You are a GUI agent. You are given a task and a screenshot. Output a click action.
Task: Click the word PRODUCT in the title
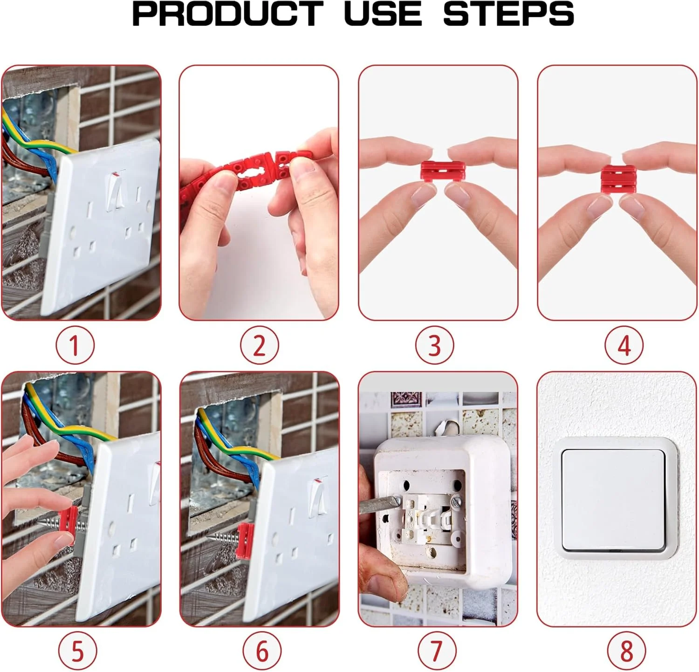point(228,14)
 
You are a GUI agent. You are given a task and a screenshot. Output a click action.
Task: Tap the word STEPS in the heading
point(508,14)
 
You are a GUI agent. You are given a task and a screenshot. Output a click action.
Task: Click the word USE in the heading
point(383,14)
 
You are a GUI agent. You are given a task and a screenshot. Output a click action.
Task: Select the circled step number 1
point(75,346)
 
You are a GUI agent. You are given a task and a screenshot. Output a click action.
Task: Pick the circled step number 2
point(260,346)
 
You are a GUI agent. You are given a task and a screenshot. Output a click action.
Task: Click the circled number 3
point(434,346)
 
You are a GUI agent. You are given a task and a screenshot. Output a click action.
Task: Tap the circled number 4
point(624,346)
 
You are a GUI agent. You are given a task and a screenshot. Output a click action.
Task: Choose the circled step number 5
point(78,651)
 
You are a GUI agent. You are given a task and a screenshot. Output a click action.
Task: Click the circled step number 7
point(436,651)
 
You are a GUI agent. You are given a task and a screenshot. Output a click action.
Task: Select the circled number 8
point(627,651)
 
